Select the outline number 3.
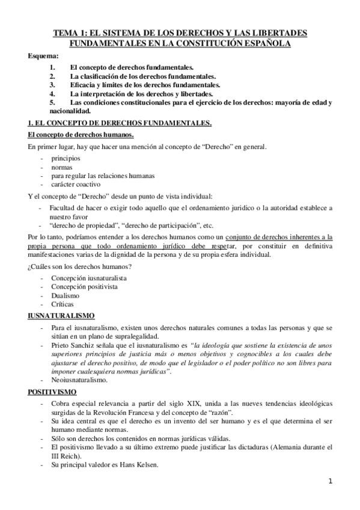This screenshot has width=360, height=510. pos(53,85)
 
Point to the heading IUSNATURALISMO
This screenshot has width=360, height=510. pos(61,315)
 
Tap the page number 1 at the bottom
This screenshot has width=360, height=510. pos(331,481)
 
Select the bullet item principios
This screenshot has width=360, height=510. pos(65,159)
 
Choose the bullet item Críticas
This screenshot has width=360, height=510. pos(64,305)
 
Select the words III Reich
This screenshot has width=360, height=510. pos(64,457)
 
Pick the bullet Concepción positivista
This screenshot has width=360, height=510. pos(84,287)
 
